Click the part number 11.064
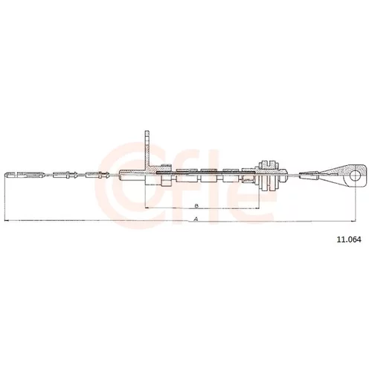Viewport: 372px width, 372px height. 349,240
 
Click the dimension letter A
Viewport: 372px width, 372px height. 196,219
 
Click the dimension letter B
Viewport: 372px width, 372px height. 196,205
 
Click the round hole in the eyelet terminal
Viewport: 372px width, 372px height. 355,176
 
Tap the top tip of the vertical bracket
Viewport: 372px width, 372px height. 147,131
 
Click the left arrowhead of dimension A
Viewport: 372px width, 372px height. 6,220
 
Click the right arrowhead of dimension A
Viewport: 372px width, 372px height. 354,220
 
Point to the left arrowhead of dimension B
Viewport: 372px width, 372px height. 147,208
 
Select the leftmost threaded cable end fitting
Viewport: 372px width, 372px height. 25,175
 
